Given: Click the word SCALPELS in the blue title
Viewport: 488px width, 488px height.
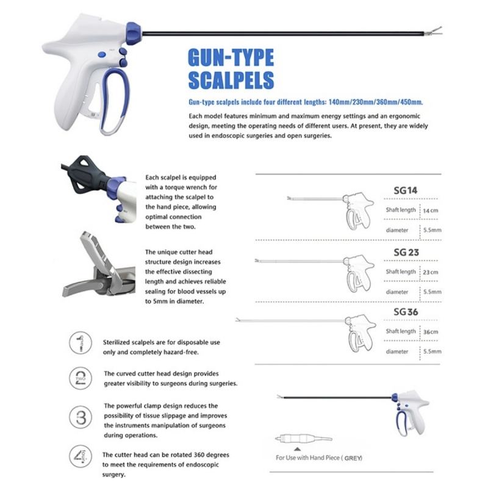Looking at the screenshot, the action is pyautogui.click(x=231, y=80).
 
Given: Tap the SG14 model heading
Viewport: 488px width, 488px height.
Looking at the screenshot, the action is pyautogui.click(x=405, y=190).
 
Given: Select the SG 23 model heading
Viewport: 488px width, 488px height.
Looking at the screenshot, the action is pyautogui.click(x=406, y=252).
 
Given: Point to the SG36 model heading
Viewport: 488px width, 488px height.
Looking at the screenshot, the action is pyautogui.click(x=406, y=312).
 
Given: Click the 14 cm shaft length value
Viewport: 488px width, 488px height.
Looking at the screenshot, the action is pyautogui.click(x=431, y=210).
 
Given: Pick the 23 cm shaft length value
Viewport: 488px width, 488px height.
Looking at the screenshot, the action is pyautogui.click(x=431, y=272).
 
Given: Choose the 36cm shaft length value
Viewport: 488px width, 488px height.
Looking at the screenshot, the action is pyautogui.click(x=431, y=332).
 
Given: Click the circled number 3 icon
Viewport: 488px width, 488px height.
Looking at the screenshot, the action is pyautogui.click(x=81, y=417).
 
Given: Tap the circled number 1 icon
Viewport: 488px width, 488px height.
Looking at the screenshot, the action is pyautogui.click(x=81, y=343).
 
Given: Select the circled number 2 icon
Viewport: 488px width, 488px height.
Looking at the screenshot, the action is pyautogui.click(x=81, y=378).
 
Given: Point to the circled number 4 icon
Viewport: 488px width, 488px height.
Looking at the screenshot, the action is pyautogui.click(x=81, y=456).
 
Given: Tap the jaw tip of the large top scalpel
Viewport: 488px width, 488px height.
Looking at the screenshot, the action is pyautogui.click(x=440, y=28).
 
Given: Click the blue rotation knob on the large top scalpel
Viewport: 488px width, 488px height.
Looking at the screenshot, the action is pyautogui.click(x=134, y=34).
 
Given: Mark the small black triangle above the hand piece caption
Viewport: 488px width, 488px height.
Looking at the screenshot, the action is pyautogui.click(x=297, y=449).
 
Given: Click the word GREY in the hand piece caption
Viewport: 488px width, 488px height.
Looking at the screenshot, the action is pyautogui.click(x=353, y=458).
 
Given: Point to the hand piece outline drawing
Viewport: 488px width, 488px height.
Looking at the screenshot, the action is pyautogui.click(x=304, y=439).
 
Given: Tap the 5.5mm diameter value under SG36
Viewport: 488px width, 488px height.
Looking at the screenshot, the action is pyautogui.click(x=432, y=351).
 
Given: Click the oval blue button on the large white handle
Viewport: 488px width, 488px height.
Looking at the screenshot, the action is pyautogui.click(x=102, y=55).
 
